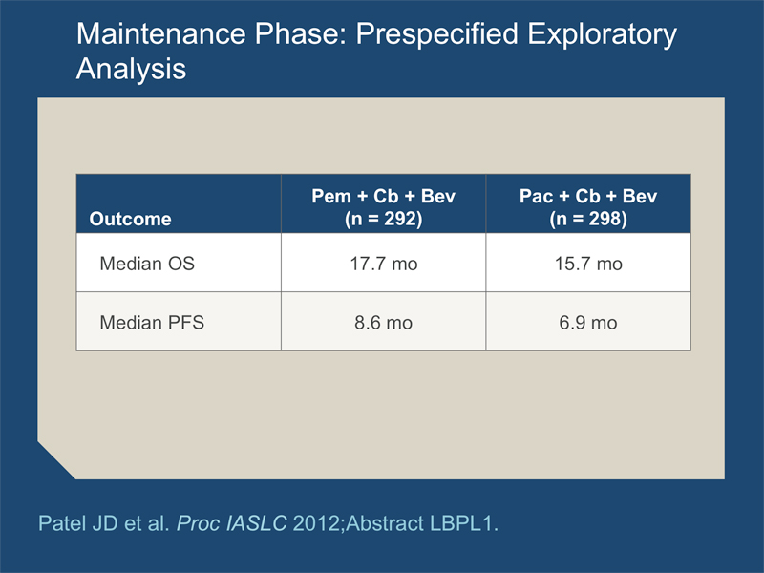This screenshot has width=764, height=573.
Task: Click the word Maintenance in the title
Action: (160, 33)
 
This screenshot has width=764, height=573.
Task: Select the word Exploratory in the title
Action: (603, 35)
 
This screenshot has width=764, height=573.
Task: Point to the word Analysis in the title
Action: (131, 69)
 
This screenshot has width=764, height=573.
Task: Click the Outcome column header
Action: (130, 219)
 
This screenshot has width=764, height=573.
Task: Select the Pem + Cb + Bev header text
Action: (384, 196)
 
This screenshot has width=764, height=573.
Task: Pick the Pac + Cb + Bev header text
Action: (588, 196)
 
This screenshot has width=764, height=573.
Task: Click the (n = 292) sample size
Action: (384, 219)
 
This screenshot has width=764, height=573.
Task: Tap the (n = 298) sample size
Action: (588, 219)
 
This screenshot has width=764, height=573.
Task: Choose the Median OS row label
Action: (147, 264)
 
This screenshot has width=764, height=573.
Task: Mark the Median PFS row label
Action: (152, 323)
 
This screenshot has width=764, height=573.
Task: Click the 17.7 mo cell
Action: (384, 264)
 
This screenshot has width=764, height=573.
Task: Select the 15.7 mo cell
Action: (588, 264)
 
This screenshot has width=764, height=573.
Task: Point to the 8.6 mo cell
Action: (384, 323)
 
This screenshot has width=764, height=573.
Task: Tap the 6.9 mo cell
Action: (588, 323)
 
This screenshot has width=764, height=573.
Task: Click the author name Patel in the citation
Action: (60, 523)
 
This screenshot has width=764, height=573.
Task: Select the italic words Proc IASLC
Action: (231, 523)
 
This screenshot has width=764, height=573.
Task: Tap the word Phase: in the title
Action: (301, 33)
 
